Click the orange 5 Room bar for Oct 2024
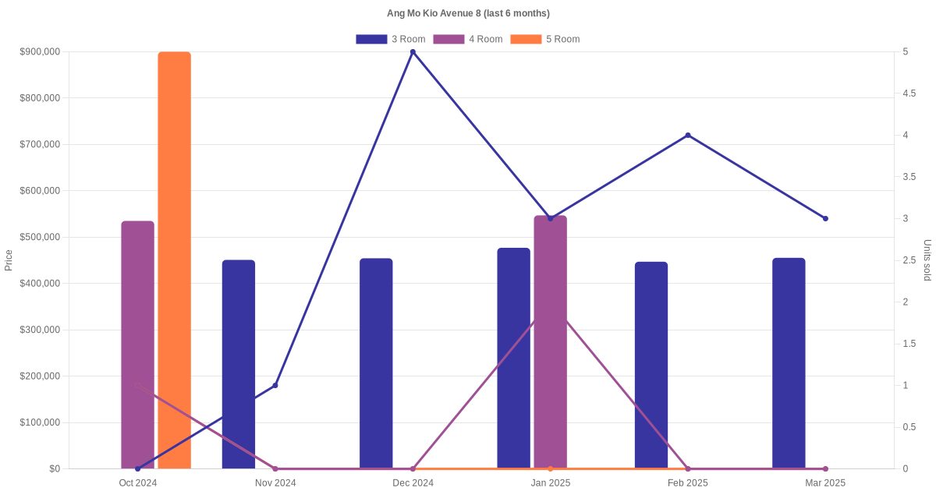pyautogui.click(x=174, y=260)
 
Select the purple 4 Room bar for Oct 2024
pyautogui.click(x=137, y=344)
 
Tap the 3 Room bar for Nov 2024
pyautogui.click(x=239, y=364)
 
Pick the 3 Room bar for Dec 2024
pyautogui.click(x=376, y=363)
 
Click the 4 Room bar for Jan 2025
pyautogui.click(x=551, y=342)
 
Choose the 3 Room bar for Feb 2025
pyautogui.click(x=651, y=365)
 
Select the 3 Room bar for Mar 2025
pyautogui.click(x=789, y=363)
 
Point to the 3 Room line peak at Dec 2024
pyautogui.click(x=413, y=52)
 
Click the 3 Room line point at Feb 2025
pyautogui.click(x=688, y=136)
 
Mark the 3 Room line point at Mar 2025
pyautogui.click(x=825, y=218)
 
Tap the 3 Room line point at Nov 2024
pyautogui.click(x=275, y=385)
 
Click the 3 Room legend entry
pyautogui.click(x=391, y=39)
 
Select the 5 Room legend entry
pyautogui.click(x=545, y=39)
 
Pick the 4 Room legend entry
pyautogui.click(x=468, y=39)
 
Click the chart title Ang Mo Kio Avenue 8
pyautogui.click(x=468, y=13)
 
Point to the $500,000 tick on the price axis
pyautogui.click(x=39, y=237)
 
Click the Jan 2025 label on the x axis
pyautogui.click(x=551, y=483)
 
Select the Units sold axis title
pyautogui.click(x=927, y=260)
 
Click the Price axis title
pyautogui.click(x=9, y=260)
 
